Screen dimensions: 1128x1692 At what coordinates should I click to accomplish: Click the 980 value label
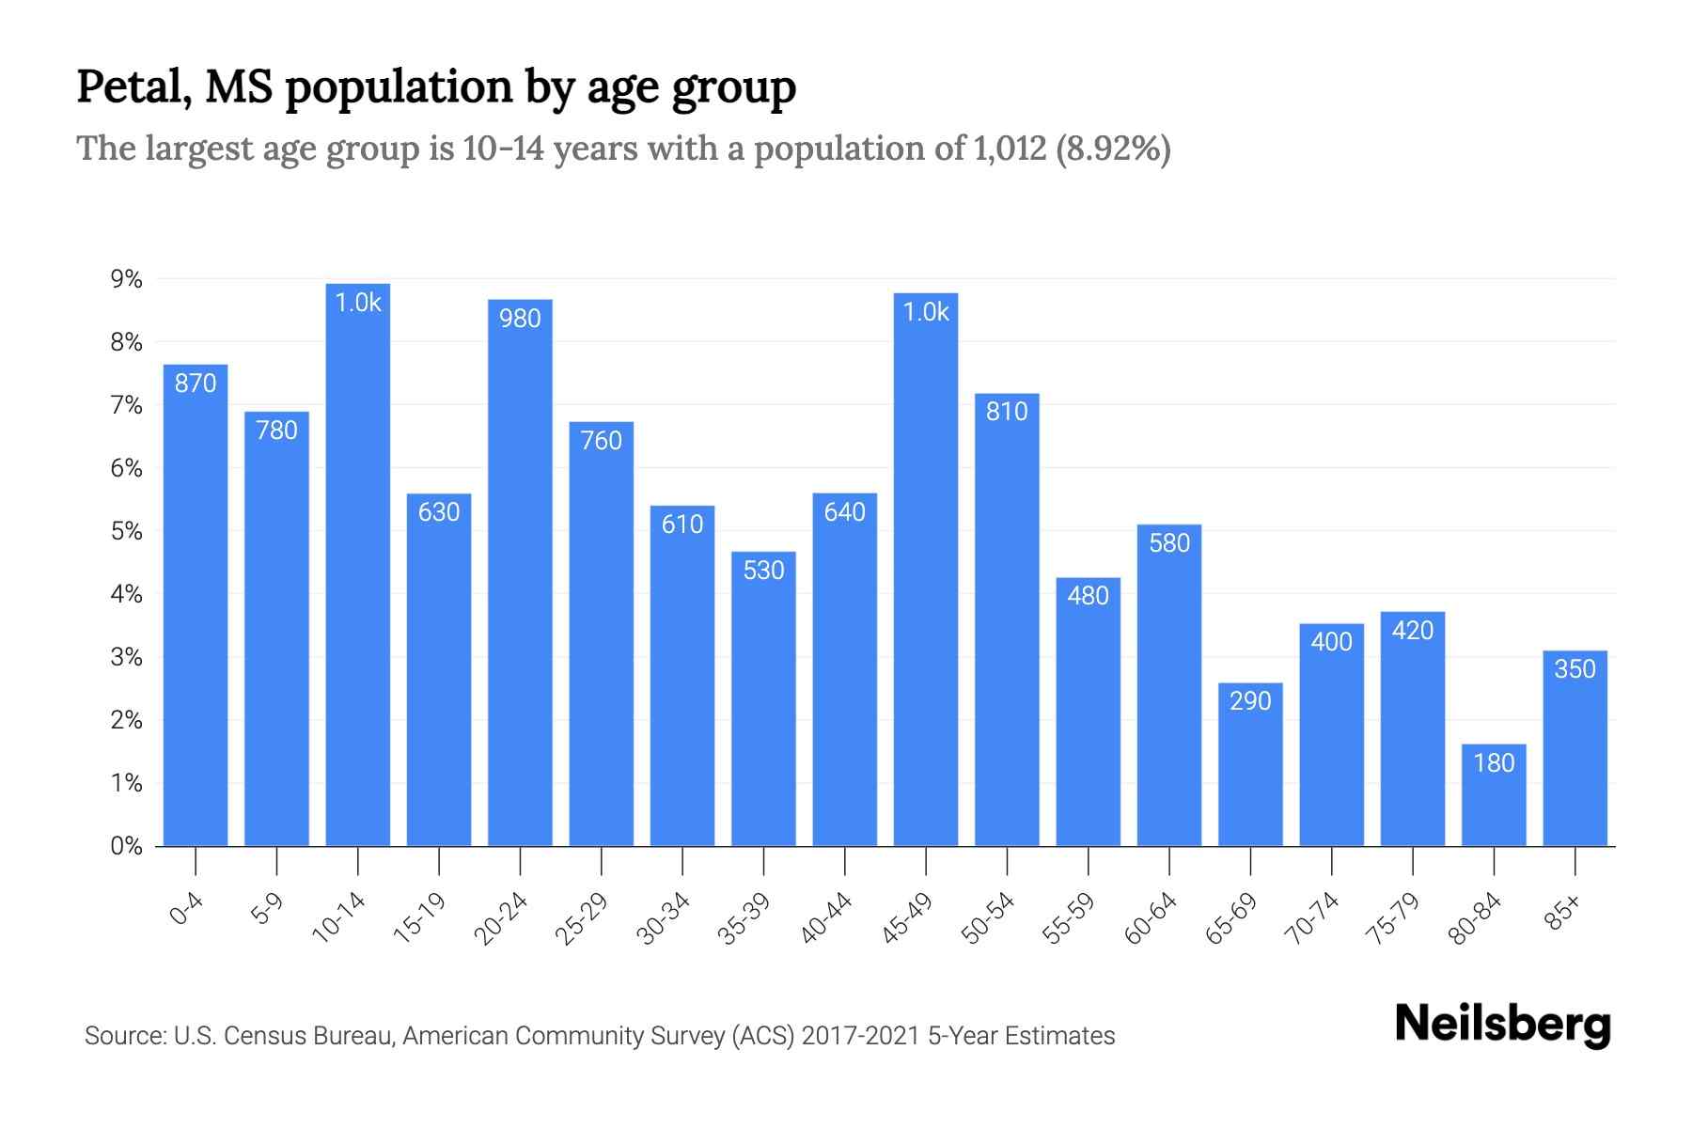pos(520,319)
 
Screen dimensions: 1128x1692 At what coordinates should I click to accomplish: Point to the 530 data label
pos(763,571)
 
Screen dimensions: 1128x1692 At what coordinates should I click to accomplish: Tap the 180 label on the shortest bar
pos(1494,762)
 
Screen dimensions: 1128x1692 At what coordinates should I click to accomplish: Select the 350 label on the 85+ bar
pos(1574,669)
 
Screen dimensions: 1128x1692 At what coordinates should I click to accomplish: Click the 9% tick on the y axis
pos(126,279)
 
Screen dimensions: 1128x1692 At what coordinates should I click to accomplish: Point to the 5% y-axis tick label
pos(126,531)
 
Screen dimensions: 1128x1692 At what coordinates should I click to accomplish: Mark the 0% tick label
pos(126,846)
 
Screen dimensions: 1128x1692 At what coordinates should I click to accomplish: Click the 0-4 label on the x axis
pos(186,909)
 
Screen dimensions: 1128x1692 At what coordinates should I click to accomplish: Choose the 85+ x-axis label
pos(1564,913)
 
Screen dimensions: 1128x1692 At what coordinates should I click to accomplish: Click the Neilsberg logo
pos(1502,1024)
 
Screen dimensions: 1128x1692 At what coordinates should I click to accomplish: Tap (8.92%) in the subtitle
pos(1114,149)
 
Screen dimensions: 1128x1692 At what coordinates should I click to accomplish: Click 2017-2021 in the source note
pos(860,1036)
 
